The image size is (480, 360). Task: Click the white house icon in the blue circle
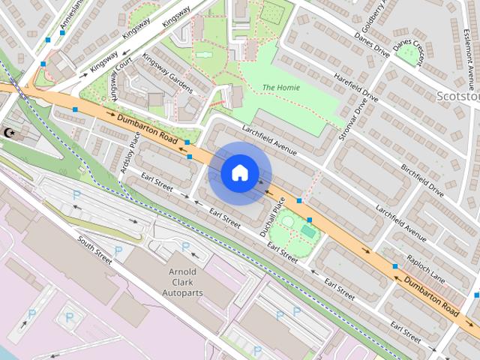point(239,173)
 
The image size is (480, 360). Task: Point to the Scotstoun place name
point(457,96)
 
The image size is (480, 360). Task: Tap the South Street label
point(94,250)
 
